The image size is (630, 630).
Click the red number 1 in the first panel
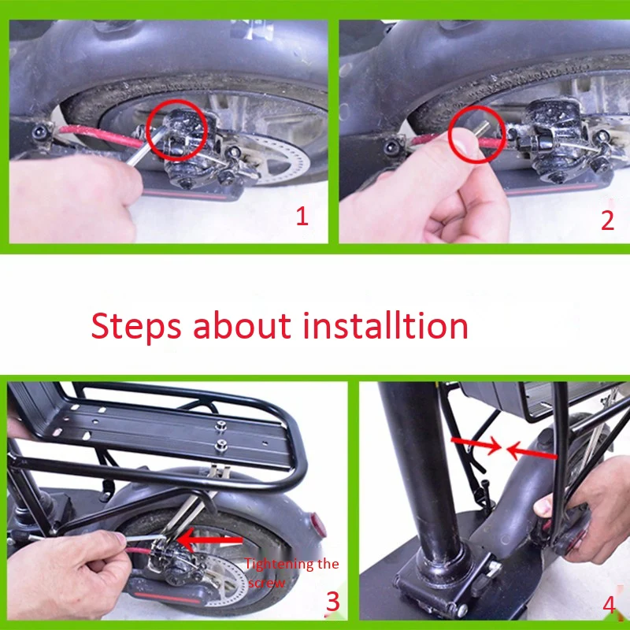pos(302,216)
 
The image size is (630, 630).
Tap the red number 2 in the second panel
pos(607,220)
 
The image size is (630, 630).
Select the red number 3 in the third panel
pos(332,602)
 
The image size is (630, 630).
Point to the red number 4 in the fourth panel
pos(609,605)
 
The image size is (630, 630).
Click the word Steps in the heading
pos(135,325)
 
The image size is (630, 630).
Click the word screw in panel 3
pos(266,583)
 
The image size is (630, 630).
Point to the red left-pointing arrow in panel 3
pos(209,540)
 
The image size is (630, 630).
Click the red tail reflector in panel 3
pos(319,525)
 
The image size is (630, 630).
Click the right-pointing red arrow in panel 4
pos(476,444)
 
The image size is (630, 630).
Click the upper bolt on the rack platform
pos(220,425)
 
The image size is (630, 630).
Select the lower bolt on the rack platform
pos(220,445)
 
